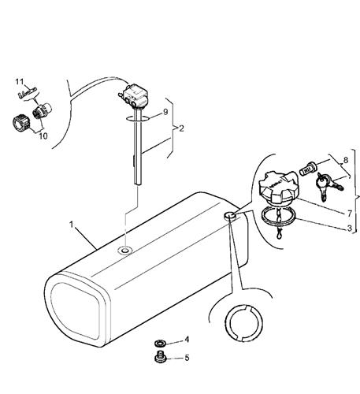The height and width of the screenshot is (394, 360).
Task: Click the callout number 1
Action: click(71, 225)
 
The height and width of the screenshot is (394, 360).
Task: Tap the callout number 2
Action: click(181, 128)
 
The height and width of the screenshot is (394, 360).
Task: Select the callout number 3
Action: click(349, 228)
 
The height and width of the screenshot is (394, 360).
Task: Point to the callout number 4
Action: click(187, 340)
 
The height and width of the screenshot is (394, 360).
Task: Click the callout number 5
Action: click(187, 358)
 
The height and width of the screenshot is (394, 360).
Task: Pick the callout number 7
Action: click(349, 214)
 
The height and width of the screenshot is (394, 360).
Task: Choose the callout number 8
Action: click(346, 160)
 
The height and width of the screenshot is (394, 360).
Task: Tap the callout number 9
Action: click(165, 112)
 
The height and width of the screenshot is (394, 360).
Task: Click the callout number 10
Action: click(43, 136)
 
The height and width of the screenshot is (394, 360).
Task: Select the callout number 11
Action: click(20, 82)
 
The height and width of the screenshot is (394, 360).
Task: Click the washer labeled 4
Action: click(159, 343)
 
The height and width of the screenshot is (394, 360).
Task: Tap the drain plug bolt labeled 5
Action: click(159, 357)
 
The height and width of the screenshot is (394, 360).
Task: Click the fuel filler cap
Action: click(279, 188)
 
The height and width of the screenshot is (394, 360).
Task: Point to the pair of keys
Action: click(329, 186)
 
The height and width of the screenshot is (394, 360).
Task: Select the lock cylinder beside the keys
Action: click(308, 169)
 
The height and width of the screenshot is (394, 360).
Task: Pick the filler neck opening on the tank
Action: click(229, 216)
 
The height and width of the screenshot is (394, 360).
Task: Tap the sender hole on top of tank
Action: click(125, 251)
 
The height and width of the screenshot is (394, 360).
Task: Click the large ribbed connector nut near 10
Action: click(21, 123)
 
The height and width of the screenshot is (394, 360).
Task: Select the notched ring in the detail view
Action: click(243, 323)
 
